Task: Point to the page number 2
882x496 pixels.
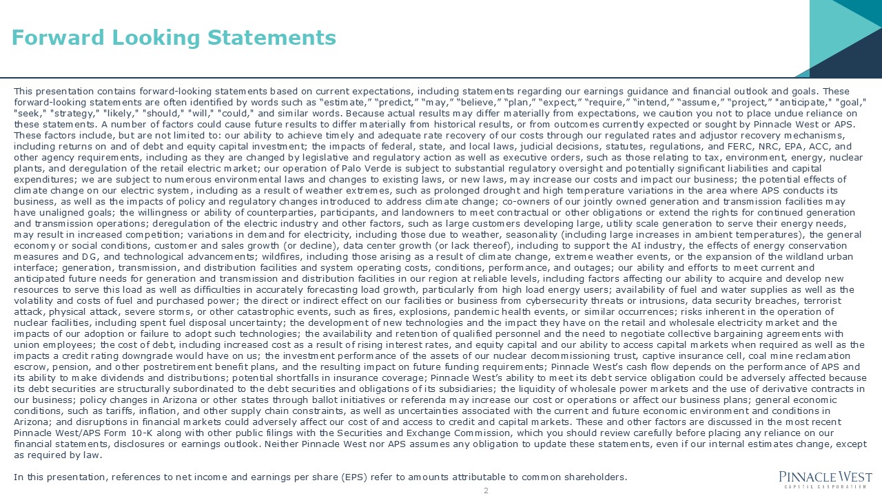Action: click(x=486, y=490)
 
